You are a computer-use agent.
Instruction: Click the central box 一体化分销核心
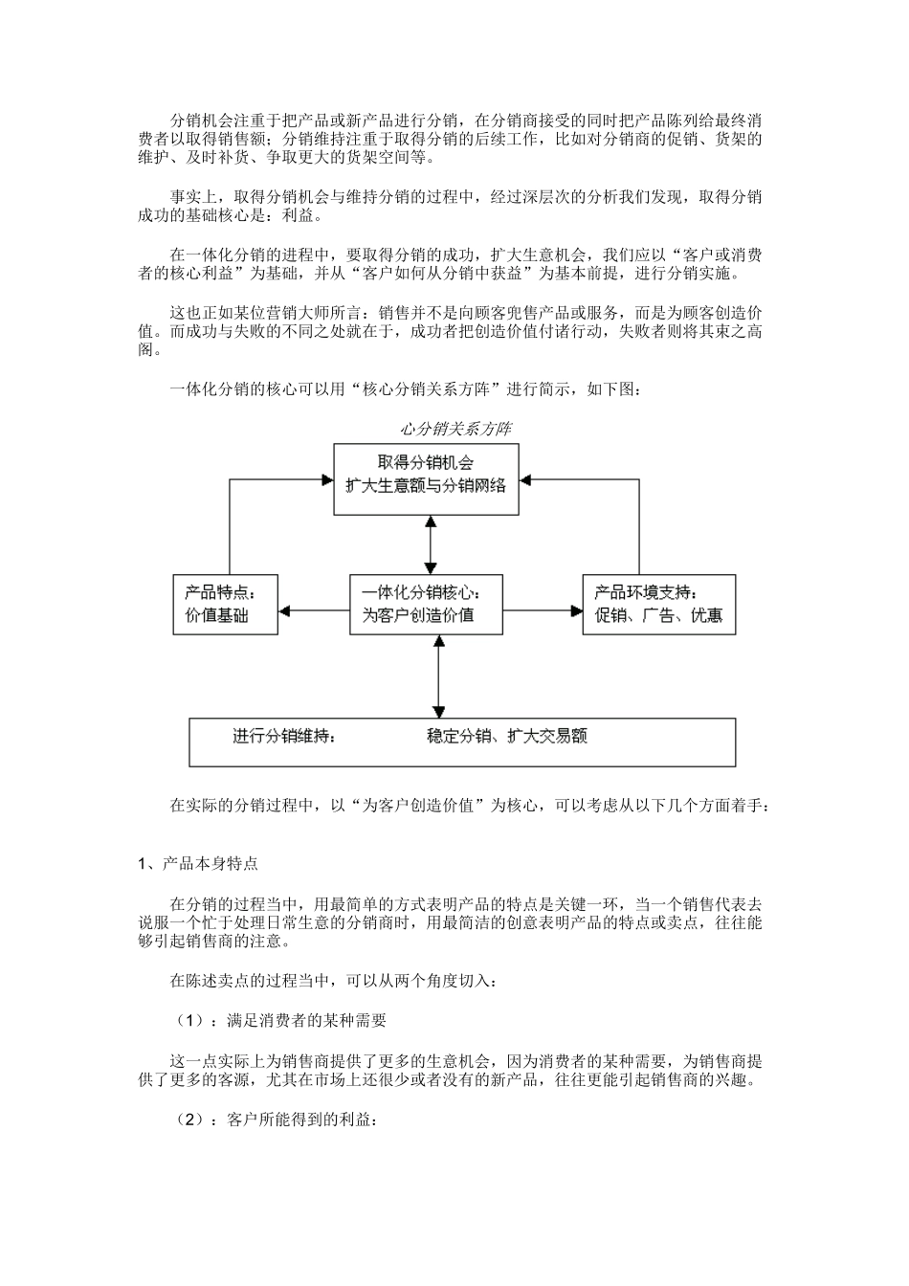pyautogui.click(x=426, y=604)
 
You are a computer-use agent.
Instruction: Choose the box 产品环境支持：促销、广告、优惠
pyautogui.click(x=659, y=604)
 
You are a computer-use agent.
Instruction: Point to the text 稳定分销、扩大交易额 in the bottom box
pyautogui.click(x=507, y=736)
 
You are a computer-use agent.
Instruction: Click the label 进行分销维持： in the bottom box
pyautogui.click(x=284, y=736)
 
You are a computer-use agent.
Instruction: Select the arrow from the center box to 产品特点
pyautogui.click(x=317, y=610)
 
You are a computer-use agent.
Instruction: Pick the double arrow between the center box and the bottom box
pyautogui.click(x=438, y=676)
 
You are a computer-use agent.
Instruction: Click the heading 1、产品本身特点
pyautogui.click(x=198, y=863)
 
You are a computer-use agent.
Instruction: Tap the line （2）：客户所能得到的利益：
pyautogui.click(x=274, y=1120)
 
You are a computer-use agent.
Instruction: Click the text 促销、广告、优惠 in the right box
pyautogui.click(x=659, y=615)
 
